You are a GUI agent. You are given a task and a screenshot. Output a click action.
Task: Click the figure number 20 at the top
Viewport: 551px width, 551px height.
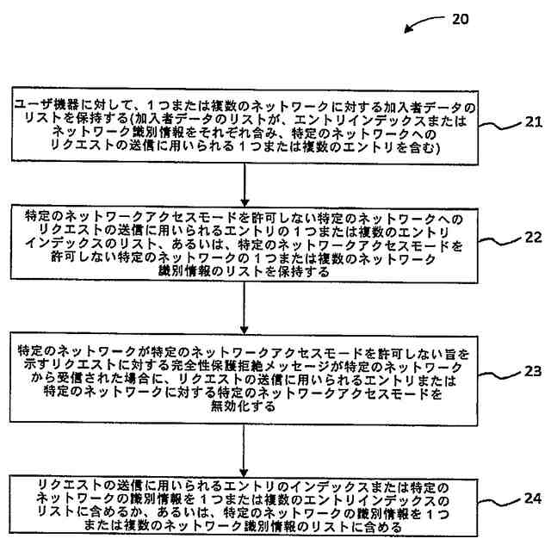[x=460, y=19]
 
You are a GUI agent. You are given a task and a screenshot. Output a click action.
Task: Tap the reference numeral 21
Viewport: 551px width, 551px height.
[x=533, y=121]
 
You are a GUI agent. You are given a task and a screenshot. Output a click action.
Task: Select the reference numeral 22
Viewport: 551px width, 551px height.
[x=533, y=238]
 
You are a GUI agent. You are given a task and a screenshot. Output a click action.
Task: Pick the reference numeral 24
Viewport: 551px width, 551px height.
[x=533, y=498]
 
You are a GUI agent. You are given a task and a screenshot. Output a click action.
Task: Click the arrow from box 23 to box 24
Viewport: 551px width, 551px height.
[x=245, y=448]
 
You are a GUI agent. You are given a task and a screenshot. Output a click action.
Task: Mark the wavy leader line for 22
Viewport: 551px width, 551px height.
[x=498, y=242]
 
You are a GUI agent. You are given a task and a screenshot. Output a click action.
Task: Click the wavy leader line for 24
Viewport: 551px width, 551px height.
[x=498, y=505]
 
